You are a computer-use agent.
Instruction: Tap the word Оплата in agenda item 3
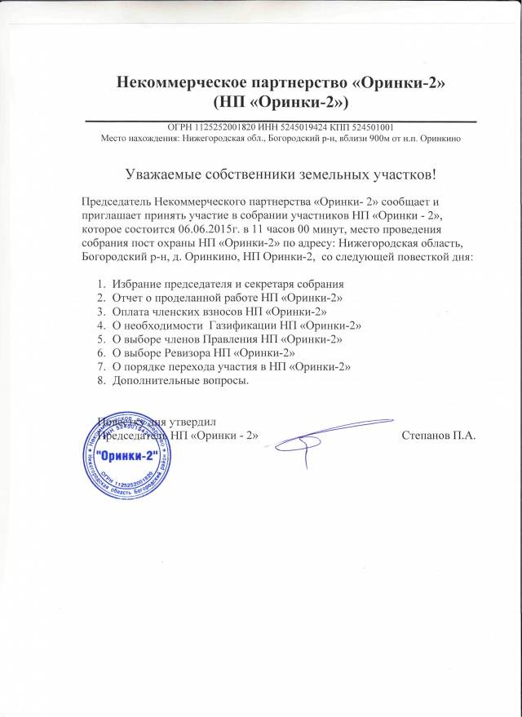pyautogui.click(x=132, y=310)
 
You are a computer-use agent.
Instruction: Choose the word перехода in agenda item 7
pyautogui.click(x=189, y=366)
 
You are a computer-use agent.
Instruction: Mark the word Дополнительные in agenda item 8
pyautogui.click(x=155, y=380)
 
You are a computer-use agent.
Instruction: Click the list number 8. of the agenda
pyautogui.click(x=101, y=380)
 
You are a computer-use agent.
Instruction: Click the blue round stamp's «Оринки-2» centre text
pyautogui.click(x=125, y=455)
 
